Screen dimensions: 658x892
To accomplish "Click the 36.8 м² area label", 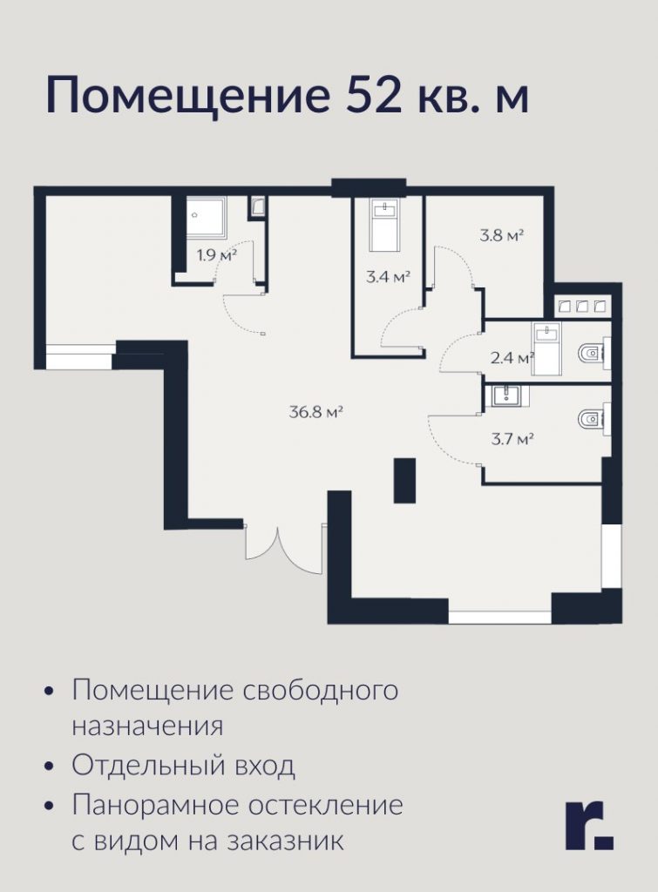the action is pyautogui.click(x=315, y=412).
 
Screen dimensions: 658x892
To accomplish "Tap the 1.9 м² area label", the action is pyautogui.click(x=216, y=255).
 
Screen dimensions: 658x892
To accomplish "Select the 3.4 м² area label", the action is pyautogui.click(x=388, y=277).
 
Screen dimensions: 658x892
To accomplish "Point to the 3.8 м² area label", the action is pyautogui.click(x=501, y=235).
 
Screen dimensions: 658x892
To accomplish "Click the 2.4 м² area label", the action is pyautogui.click(x=512, y=358).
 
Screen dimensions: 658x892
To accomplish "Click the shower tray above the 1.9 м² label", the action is pyautogui.click(x=207, y=216).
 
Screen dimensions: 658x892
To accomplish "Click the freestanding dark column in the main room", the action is pyautogui.click(x=404, y=481).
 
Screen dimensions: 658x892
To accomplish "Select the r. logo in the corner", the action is pyautogui.click(x=589, y=826).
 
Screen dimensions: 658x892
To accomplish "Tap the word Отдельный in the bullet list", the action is pyautogui.click(x=148, y=766).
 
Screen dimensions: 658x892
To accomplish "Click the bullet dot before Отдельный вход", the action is pyautogui.click(x=50, y=767).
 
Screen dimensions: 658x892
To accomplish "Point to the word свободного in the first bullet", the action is pyautogui.click(x=321, y=691).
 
